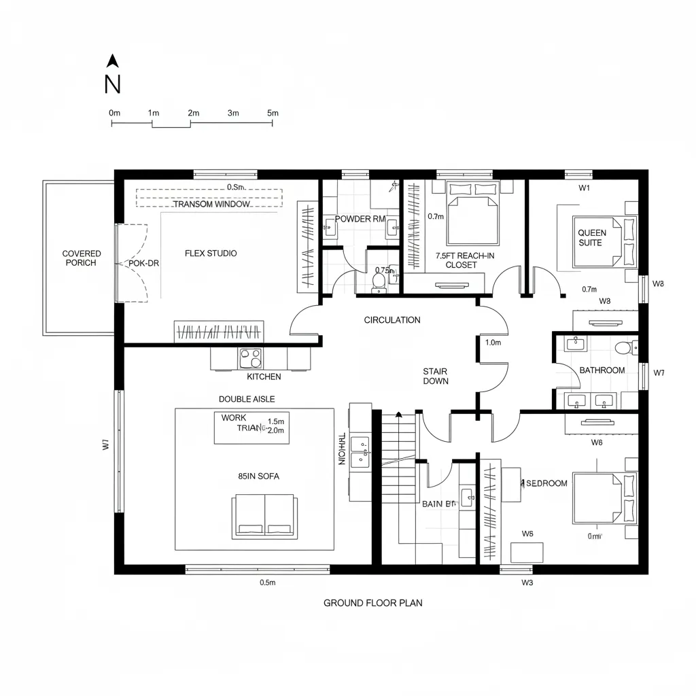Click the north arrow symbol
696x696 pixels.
114,61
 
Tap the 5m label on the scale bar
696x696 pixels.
273,113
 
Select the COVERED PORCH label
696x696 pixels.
82,258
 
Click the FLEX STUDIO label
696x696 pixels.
211,254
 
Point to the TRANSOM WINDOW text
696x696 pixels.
211,204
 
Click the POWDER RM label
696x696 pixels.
360,219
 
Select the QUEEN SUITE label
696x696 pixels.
592,238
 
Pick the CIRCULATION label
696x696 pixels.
392,320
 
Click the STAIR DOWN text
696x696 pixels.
435,377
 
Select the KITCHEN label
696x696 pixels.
264,377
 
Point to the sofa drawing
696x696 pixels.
264,517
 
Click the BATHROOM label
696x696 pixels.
602,370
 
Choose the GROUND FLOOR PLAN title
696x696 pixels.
372,603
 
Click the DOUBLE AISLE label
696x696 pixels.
247,399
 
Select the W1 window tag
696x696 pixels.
584,188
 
